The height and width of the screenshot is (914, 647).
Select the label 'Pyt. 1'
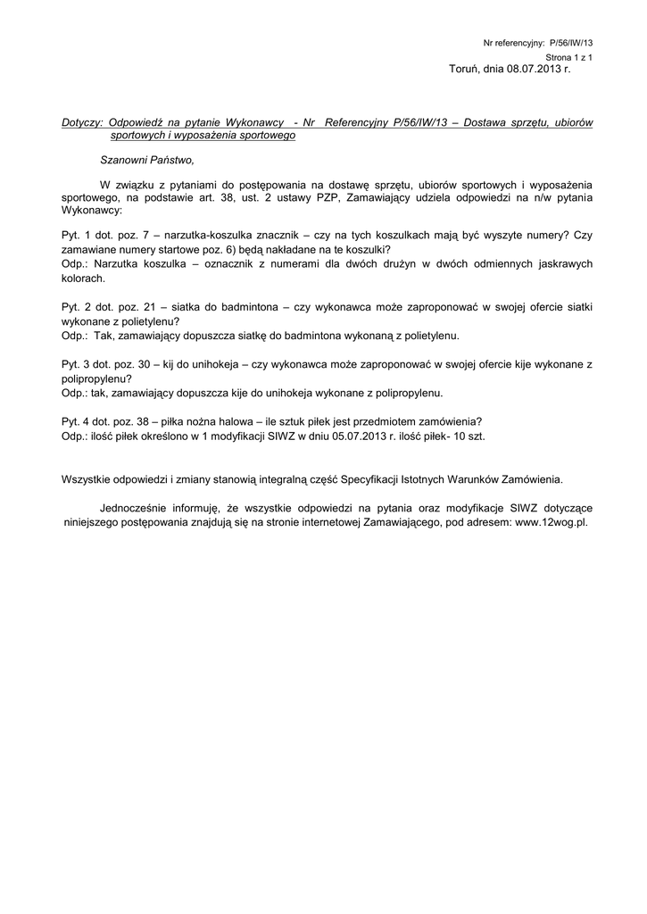click(x=75, y=234)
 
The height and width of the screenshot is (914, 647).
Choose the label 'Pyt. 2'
click(x=75, y=307)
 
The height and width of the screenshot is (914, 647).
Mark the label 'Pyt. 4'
click(x=75, y=421)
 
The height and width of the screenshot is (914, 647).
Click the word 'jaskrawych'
click(x=562, y=264)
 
